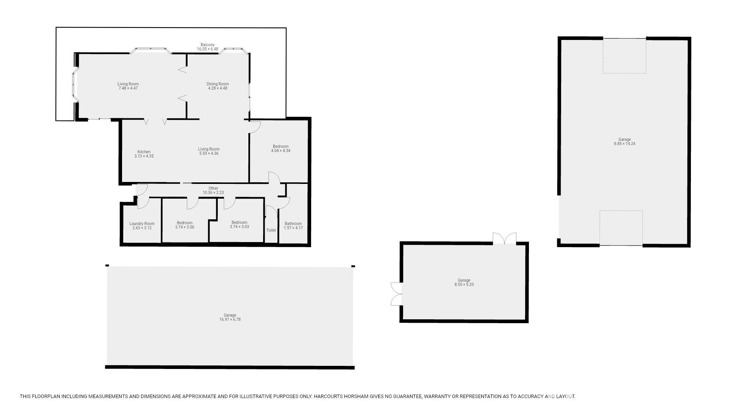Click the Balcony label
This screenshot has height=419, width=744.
point(207,45)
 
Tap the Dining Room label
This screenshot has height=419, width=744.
point(217,84)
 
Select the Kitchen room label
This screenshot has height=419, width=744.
point(144,152)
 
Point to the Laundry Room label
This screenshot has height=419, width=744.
point(142,223)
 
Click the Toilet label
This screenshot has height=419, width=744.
point(271,230)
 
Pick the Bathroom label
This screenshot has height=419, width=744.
point(293,223)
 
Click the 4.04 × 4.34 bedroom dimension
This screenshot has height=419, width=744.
point(281,151)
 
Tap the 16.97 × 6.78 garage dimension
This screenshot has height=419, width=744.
point(230,320)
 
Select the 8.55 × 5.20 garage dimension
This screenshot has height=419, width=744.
point(464,285)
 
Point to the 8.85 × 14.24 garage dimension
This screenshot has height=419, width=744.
point(625,144)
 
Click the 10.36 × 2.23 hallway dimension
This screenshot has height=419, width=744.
point(213,193)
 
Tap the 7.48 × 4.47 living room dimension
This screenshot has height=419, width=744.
point(128,88)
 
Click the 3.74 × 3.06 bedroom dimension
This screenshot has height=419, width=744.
point(184,227)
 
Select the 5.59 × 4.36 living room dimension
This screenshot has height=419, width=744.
point(209,154)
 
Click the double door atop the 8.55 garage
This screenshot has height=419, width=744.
point(505,238)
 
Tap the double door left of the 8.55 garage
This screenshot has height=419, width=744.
point(396,294)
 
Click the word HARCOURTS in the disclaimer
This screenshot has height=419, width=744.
point(328,396)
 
